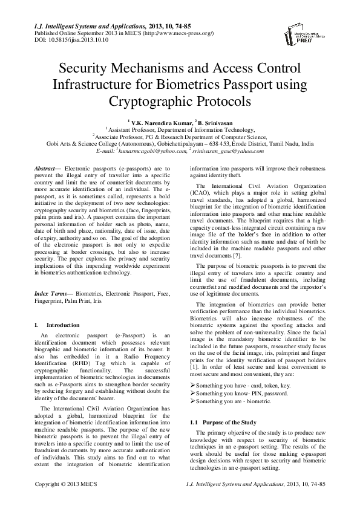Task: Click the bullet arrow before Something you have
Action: pos(192,384)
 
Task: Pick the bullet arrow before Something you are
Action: pos(192,401)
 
